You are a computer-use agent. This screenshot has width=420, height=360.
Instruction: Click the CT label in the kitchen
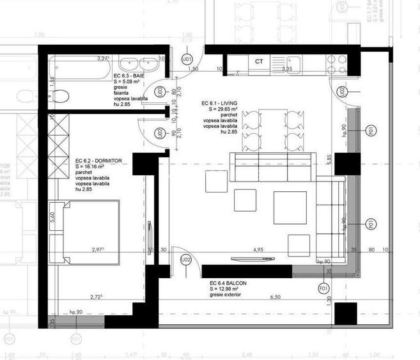pyautogui.click(x=259, y=61)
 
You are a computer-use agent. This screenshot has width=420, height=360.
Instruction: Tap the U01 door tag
pyautogui.click(x=187, y=59)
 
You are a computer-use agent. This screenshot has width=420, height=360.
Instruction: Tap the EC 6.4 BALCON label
pyautogui.click(x=228, y=283)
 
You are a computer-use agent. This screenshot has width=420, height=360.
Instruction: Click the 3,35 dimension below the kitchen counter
pyautogui.click(x=287, y=69)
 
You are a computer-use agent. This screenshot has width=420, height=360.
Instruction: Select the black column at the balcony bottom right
pyautogui.click(x=345, y=313)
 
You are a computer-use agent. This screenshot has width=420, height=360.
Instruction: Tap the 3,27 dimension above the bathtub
pyautogui.click(x=102, y=58)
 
